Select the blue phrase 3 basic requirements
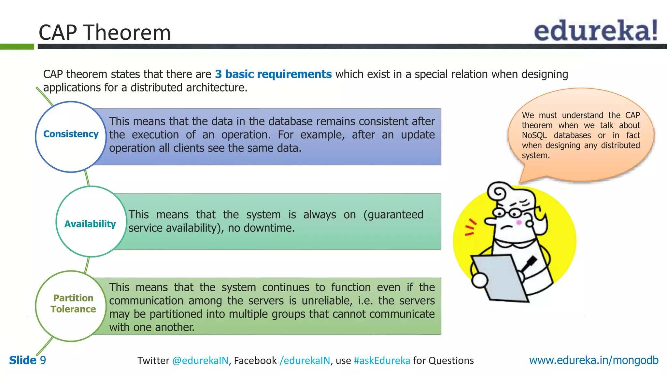pyautogui.click(x=273, y=74)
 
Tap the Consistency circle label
pyautogui.click(x=71, y=134)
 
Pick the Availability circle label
pyautogui.click(x=90, y=224)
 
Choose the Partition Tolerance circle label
pyautogui.click(x=73, y=303)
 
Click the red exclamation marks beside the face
pyautogui.click(x=470, y=227)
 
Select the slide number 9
pyautogui.click(x=43, y=360)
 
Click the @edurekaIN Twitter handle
pyautogui.click(x=200, y=361)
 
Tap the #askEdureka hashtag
pyautogui.click(x=381, y=361)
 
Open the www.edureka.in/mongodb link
pyautogui.click(x=593, y=360)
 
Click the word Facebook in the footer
pyautogui.click(x=255, y=361)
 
